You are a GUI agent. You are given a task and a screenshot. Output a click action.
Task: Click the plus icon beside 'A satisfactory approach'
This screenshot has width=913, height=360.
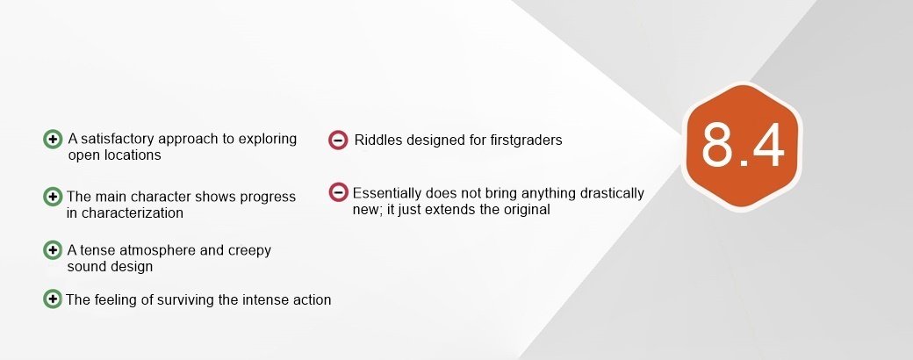point(53,140)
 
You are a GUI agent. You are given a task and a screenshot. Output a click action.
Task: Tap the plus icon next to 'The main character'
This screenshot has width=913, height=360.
point(53,197)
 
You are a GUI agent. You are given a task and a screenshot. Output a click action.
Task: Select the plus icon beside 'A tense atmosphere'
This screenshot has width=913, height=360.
point(53,250)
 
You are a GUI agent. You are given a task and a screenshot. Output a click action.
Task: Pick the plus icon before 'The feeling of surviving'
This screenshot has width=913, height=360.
point(53,299)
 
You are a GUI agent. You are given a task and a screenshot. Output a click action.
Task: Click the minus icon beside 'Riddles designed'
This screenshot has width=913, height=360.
point(338,140)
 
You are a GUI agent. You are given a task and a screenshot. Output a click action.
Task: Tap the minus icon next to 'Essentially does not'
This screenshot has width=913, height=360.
point(338,192)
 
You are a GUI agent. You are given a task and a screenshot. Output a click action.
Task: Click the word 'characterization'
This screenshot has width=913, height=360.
point(133,212)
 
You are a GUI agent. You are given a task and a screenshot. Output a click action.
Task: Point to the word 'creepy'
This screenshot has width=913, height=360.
point(249,251)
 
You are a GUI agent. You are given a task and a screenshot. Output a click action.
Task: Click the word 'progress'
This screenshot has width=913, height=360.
point(269,198)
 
